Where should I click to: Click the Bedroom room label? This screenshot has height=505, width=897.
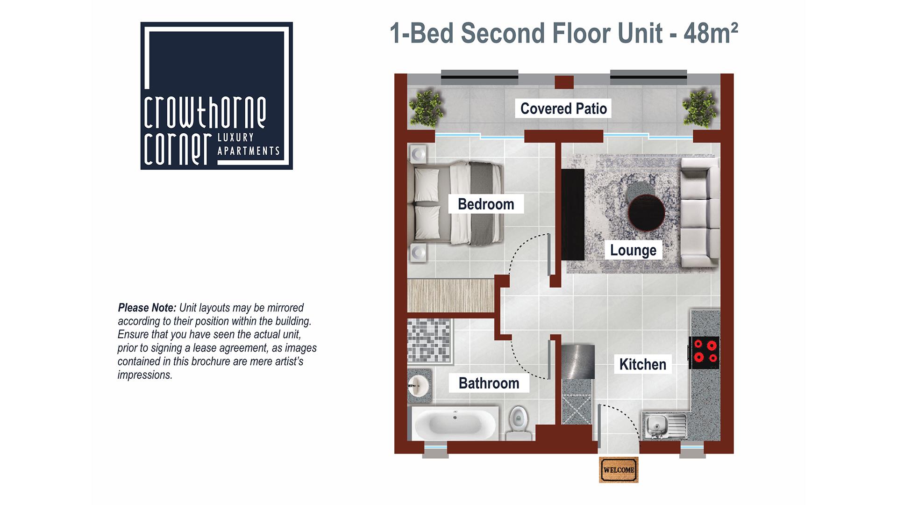click(x=486, y=204)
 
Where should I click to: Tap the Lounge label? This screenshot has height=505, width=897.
click(x=633, y=250)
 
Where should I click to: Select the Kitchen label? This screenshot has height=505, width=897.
click(x=643, y=364)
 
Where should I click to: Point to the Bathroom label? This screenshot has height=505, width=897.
click(x=489, y=383)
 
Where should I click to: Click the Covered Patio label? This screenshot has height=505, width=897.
click(x=563, y=108)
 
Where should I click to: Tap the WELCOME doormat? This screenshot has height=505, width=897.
click(x=619, y=469)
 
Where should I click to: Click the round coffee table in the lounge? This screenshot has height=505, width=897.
click(x=647, y=213)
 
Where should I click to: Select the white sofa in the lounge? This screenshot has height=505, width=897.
click(x=700, y=213)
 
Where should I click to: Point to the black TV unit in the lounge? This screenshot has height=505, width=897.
click(x=573, y=215)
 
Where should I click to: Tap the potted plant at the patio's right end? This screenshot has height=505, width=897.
click(x=699, y=109)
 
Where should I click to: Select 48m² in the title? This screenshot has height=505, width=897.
click(x=711, y=33)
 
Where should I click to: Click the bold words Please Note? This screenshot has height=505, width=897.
click(x=147, y=308)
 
